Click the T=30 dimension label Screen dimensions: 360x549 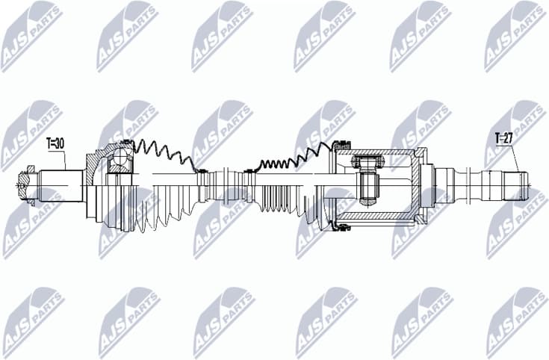tap(56, 142)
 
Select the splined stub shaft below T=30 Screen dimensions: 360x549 tap(60, 183)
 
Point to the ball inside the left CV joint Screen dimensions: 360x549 tap(120, 159)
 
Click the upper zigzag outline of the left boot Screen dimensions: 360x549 tap(161, 152)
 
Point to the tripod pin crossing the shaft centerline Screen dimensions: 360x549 tap(367, 187)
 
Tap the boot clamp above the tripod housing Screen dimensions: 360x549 tap(342, 144)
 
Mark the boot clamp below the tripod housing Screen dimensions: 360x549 tap(341, 225)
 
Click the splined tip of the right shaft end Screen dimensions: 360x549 tap(515, 186)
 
